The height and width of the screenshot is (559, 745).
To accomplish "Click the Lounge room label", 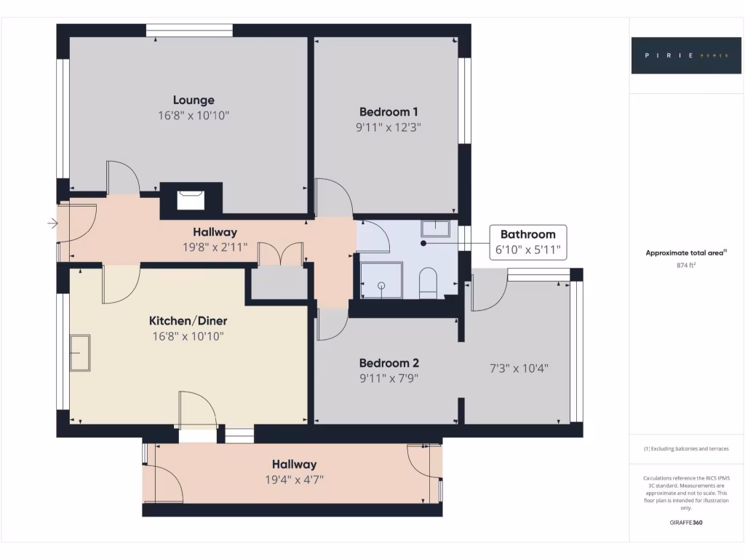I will point(194,100).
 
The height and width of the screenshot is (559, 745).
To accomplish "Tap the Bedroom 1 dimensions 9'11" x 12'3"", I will point(389,127).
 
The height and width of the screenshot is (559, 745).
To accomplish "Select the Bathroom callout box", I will point(527,242).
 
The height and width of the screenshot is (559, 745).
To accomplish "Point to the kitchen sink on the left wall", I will point(79,353).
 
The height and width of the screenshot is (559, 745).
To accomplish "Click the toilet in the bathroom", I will point(428,282).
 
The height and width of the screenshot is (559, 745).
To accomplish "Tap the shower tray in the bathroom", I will point(381,281).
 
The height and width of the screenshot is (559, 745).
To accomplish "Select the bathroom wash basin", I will point(435,229).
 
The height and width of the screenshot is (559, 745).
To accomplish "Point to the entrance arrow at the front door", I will point(53,223).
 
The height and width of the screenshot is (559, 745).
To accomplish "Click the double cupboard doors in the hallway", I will point(280,253).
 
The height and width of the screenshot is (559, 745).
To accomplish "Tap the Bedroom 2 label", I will point(389,363).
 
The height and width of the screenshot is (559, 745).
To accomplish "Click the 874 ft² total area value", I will point(687,266).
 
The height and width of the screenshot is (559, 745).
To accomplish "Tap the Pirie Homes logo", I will point(676,55).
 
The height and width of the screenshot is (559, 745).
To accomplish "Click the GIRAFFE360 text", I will point(686,523).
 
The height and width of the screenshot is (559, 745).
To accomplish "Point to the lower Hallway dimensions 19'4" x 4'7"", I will point(294,480).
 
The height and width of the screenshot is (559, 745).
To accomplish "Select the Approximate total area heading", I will point(686,253).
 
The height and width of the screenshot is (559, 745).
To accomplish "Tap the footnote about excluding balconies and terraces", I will point(686,449).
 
